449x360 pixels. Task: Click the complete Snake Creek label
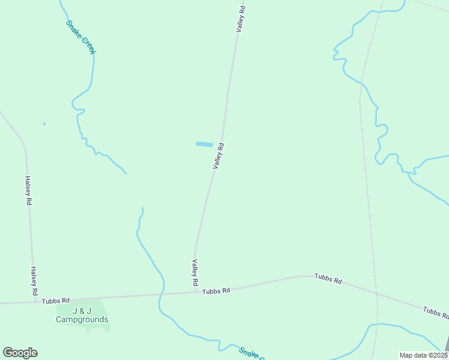pos(80,38)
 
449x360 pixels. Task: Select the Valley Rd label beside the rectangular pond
pos(218,156)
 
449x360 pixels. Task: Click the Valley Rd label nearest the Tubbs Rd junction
pos(195,272)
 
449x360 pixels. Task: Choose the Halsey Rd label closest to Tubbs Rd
pos(34,281)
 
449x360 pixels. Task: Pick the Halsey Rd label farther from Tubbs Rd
pos(28,191)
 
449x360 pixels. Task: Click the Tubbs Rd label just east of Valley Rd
pos(216,291)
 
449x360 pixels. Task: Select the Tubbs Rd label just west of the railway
pos(328,280)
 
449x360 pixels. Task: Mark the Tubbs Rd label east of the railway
pos(436,311)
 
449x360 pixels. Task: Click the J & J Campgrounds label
pos(82,315)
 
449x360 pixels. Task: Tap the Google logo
pos(20,353)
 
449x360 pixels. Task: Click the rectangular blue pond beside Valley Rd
pos(204,144)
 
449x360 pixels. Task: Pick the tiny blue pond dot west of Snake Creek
pos(44,124)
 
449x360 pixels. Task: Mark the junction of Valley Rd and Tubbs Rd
pos(196,293)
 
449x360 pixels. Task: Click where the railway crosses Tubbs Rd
pos(376,294)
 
